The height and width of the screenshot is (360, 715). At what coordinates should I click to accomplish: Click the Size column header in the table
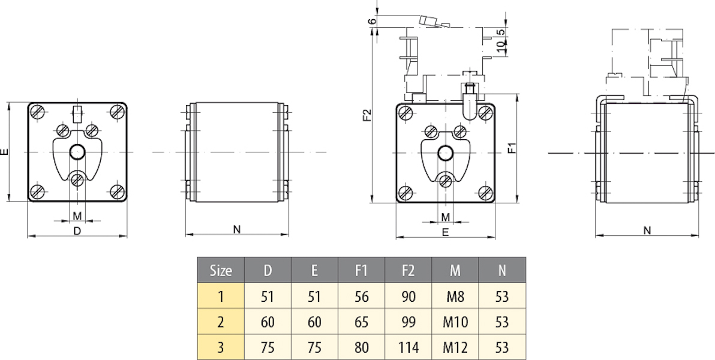click(x=221, y=270)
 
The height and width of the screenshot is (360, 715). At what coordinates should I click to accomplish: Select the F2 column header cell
click(x=408, y=270)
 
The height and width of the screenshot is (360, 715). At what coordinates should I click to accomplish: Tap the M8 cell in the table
click(x=455, y=296)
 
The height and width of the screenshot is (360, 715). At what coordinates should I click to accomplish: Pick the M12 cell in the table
click(x=455, y=347)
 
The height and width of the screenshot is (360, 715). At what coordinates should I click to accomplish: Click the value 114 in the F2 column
click(x=408, y=347)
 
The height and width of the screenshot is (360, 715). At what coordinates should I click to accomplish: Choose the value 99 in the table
click(x=408, y=322)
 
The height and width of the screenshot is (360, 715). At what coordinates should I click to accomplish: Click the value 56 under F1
click(x=361, y=296)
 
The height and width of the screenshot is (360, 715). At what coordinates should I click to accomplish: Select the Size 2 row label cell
click(x=221, y=322)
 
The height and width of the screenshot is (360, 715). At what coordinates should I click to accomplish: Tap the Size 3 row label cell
click(x=221, y=347)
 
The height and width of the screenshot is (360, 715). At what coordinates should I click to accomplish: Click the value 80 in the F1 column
click(x=361, y=347)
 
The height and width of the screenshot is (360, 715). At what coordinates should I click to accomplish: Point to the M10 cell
click(x=455, y=322)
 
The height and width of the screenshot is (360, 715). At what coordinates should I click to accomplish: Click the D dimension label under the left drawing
click(x=77, y=230)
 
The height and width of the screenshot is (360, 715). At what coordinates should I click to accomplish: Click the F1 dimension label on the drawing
click(x=511, y=148)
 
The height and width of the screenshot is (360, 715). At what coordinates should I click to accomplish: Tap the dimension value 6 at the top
click(x=372, y=21)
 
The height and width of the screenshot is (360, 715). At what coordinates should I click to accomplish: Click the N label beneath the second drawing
click(x=236, y=229)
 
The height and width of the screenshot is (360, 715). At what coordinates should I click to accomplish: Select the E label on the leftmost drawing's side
click(x=5, y=152)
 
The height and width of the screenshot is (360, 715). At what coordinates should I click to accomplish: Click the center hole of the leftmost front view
click(x=77, y=152)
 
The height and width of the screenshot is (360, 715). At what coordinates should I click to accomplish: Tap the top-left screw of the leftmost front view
click(x=38, y=112)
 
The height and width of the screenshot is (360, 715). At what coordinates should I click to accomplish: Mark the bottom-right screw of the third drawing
click(x=485, y=192)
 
